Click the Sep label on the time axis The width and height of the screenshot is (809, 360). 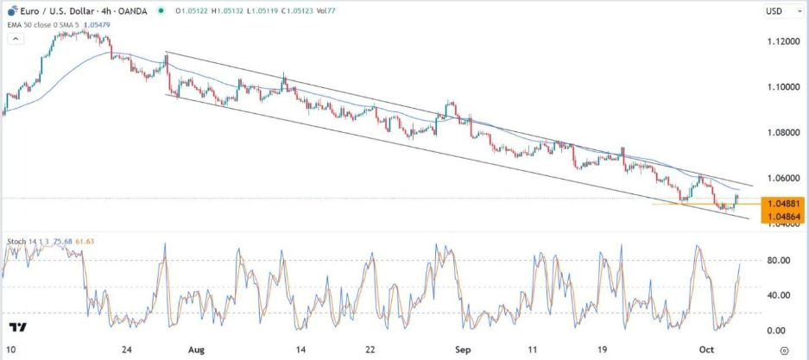point(463,350)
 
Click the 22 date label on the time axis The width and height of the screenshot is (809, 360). point(370,350)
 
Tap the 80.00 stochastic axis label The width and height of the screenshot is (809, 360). point(780,260)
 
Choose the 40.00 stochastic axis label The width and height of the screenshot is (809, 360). point(780,295)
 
